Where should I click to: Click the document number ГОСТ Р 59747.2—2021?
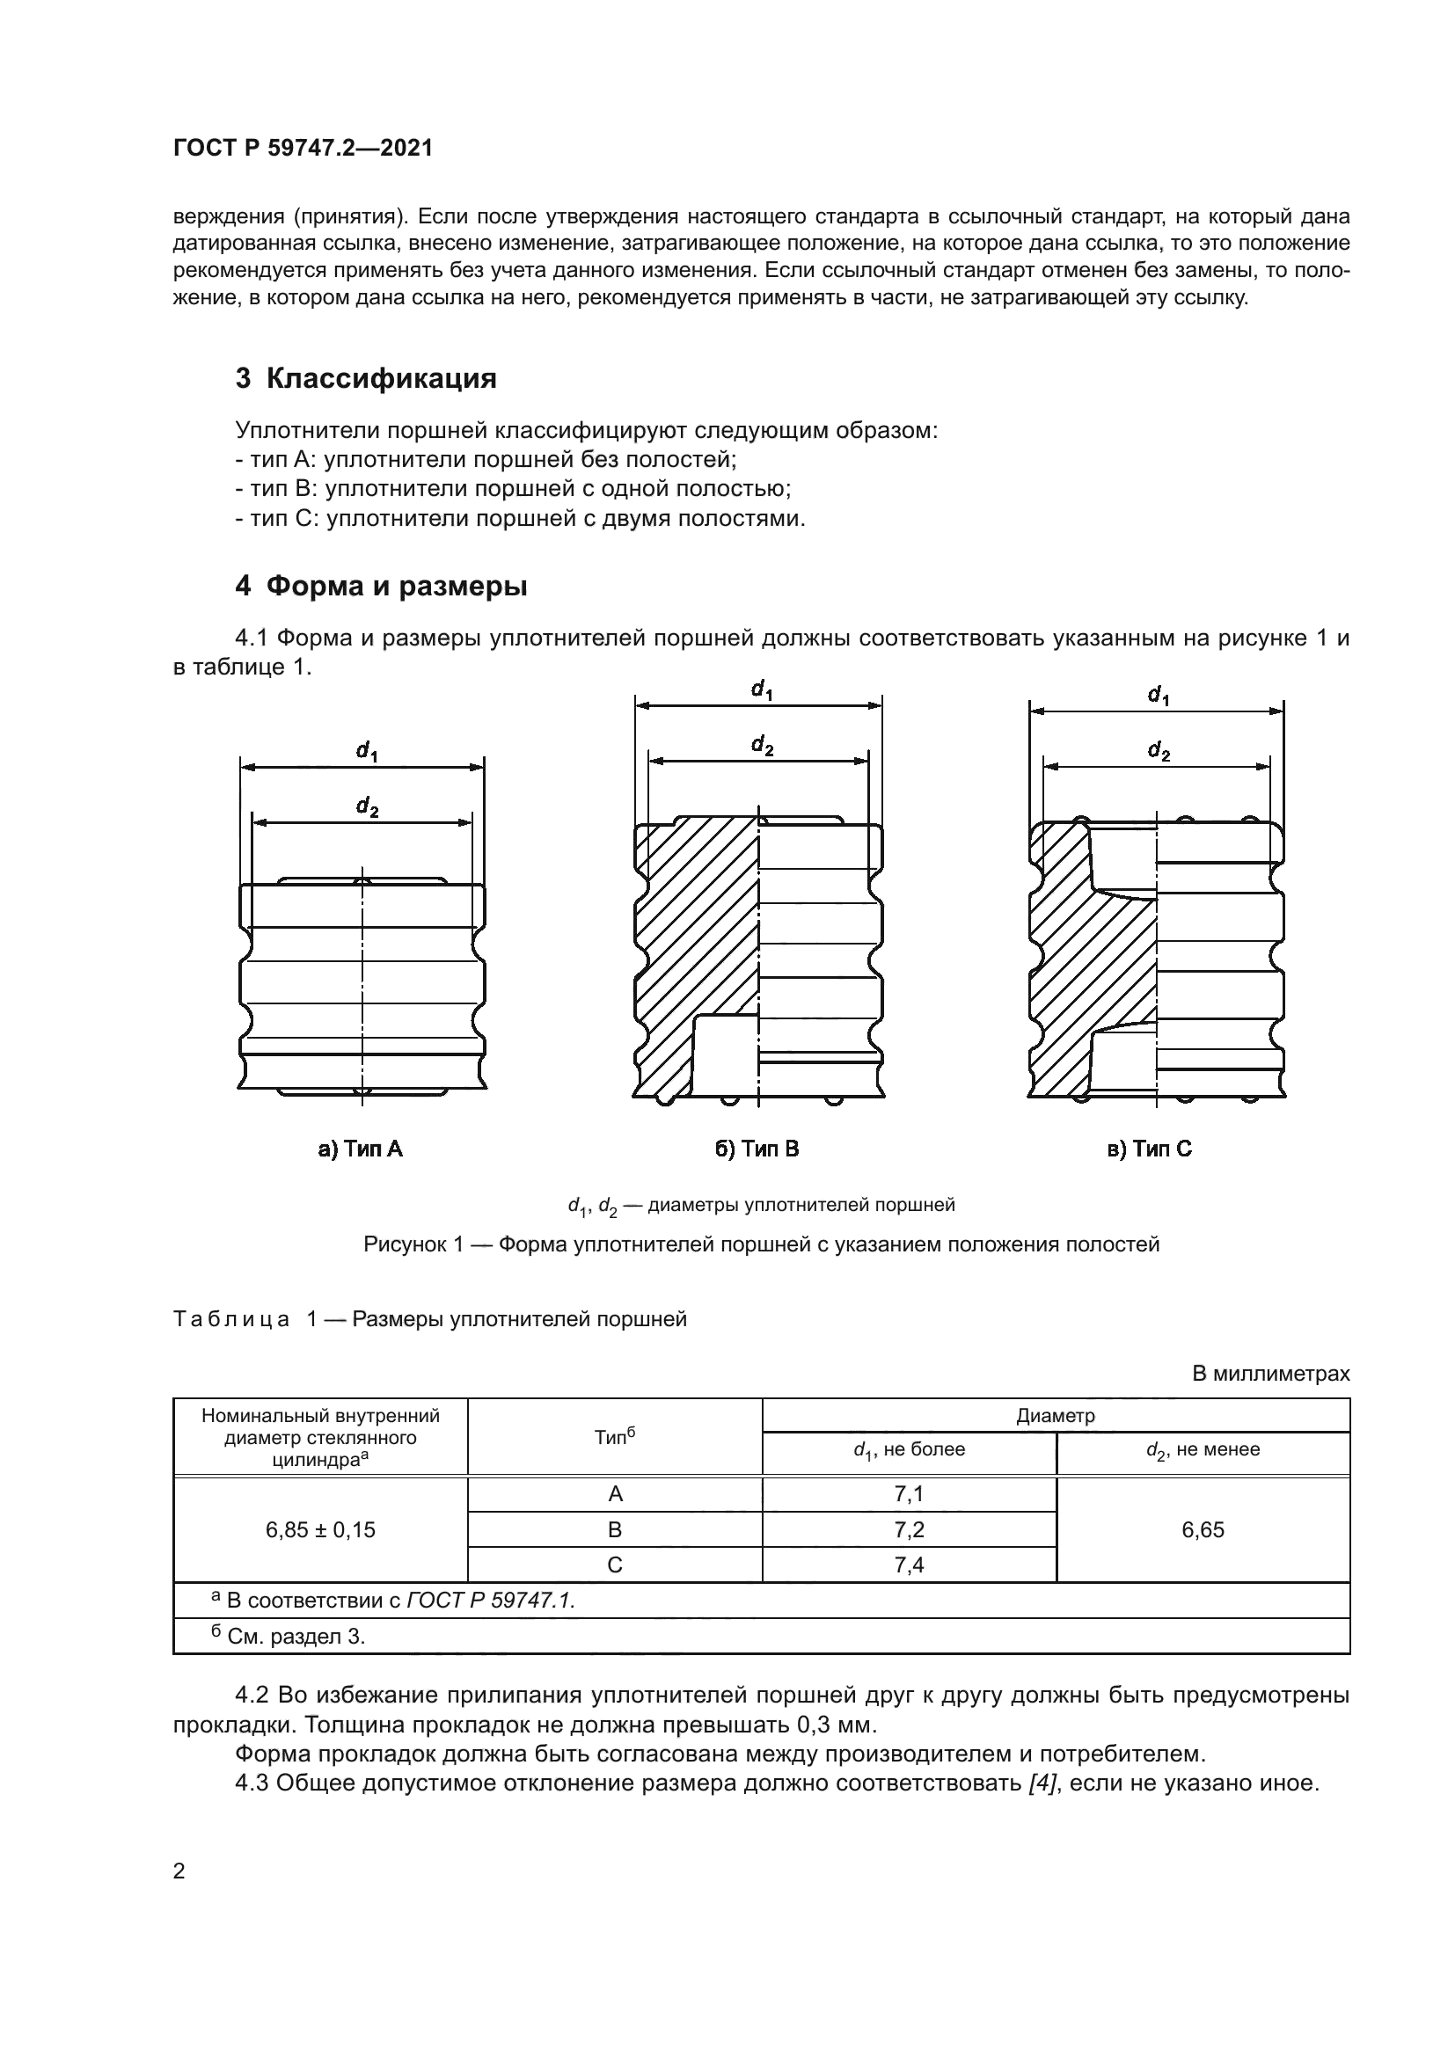[x=303, y=149]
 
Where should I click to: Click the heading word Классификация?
[x=381, y=379]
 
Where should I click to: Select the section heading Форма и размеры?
[x=397, y=587]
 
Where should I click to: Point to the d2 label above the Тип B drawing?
[x=762, y=745]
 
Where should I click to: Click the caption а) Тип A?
[x=361, y=1149]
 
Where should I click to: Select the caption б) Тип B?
[x=757, y=1149]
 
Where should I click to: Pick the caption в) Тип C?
[x=1151, y=1149]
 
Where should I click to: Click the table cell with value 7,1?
[x=909, y=1494]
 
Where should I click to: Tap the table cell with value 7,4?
[x=909, y=1565]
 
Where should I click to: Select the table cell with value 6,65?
[x=1203, y=1530]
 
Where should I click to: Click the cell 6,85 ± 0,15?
[x=320, y=1530]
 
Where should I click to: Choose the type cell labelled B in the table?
[x=615, y=1530]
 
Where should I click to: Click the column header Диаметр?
[x=1056, y=1416]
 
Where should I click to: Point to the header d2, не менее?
[x=1203, y=1450]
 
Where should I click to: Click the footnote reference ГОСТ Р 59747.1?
[x=490, y=1600]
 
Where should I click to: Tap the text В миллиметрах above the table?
[x=1270, y=1374]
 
